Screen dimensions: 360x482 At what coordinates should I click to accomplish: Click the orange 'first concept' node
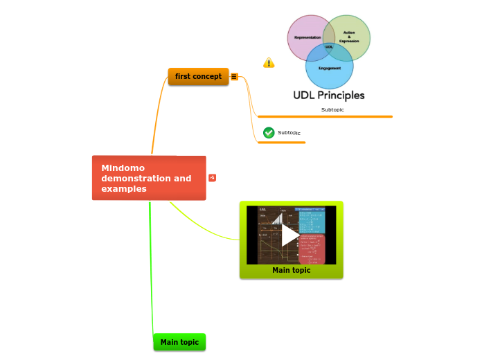(198, 76)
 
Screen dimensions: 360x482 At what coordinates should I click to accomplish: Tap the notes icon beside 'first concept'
(234, 77)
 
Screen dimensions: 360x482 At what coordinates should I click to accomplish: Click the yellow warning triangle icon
(269, 63)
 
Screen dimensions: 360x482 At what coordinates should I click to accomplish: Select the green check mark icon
(269, 132)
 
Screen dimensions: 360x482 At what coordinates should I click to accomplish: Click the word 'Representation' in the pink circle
(307, 37)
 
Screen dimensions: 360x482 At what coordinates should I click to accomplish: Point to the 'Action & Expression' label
(349, 37)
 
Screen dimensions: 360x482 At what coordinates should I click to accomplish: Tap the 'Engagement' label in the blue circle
(330, 69)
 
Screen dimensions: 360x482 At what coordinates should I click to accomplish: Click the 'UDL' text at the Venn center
(329, 47)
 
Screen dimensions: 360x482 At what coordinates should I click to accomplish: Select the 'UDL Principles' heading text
(329, 96)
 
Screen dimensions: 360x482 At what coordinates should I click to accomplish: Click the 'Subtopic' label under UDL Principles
(332, 109)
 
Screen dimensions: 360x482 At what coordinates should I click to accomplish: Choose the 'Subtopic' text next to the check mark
(289, 133)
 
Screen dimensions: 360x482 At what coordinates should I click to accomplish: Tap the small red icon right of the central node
(212, 178)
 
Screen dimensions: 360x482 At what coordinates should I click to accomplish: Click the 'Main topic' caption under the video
(291, 271)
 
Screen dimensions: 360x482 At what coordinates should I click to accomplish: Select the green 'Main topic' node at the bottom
(179, 342)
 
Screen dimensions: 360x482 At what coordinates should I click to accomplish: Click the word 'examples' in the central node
(124, 189)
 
